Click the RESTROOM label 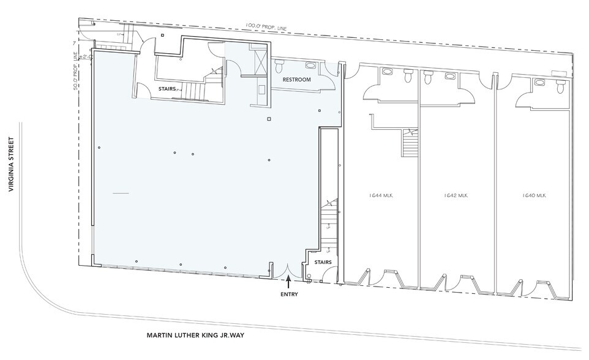(296, 80)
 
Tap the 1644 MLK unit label (381, 196)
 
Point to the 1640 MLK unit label (534, 196)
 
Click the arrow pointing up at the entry (288, 282)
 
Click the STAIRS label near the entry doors (323, 262)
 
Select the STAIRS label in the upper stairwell (168, 89)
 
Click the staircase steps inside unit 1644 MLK (409, 145)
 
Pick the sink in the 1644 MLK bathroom (386, 72)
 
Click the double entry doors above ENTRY (288, 269)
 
